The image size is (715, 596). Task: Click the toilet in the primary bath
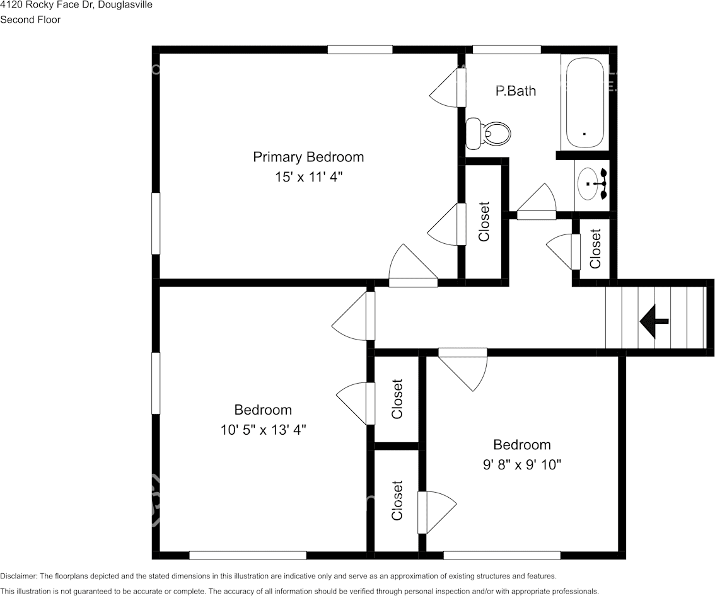pyautogui.click(x=488, y=133)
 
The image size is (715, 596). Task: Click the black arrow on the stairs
pyautogui.click(x=654, y=321)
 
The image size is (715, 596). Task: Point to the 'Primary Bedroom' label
pyautogui.click(x=308, y=157)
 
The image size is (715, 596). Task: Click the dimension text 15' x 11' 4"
pyautogui.click(x=308, y=177)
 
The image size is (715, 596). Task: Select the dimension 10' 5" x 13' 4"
pyautogui.click(x=263, y=430)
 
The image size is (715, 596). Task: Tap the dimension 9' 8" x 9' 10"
pyautogui.click(x=522, y=464)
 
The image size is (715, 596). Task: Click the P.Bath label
pyautogui.click(x=516, y=91)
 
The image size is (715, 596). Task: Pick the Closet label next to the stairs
pyautogui.click(x=596, y=249)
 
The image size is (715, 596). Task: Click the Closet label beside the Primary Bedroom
pyautogui.click(x=484, y=221)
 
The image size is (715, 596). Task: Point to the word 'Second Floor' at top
pyautogui.click(x=30, y=20)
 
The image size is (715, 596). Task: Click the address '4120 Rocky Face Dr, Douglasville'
pyautogui.click(x=76, y=5)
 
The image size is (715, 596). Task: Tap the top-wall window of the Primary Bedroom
pyautogui.click(x=360, y=50)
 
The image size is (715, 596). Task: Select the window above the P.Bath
pyautogui.click(x=506, y=50)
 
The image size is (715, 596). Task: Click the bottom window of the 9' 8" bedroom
pyautogui.click(x=502, y=556)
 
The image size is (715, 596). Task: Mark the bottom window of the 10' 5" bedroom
pyautogui.click(x=248, y=556)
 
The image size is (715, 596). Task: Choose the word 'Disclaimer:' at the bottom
pyautogui.click(x=19, y=576)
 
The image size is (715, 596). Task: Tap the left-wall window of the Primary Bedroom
pyautogui.click(x=156, y=223)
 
